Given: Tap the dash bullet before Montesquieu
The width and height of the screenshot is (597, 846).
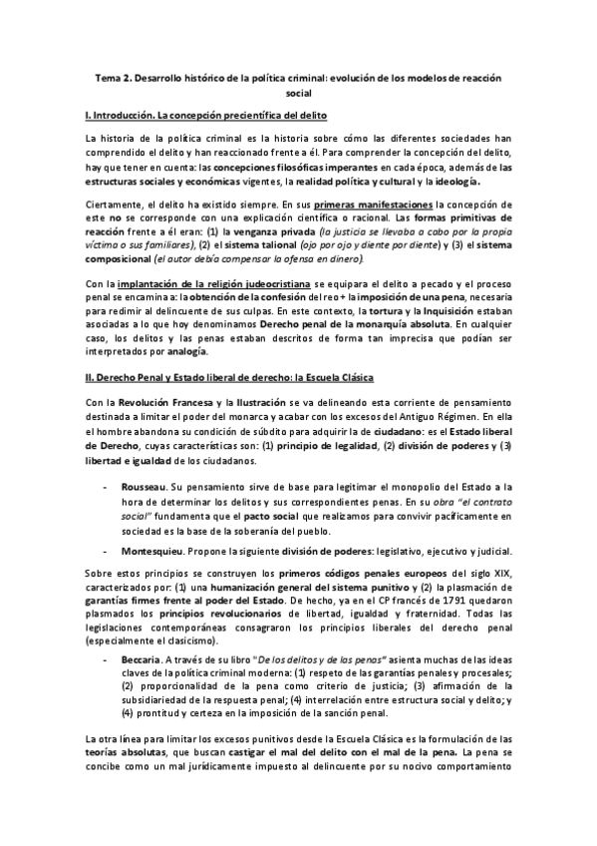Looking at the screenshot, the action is [x=108, y=553].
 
